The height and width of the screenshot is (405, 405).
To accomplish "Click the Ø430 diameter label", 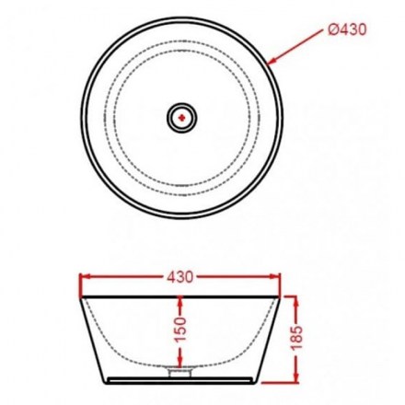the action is click(x=347, y=29).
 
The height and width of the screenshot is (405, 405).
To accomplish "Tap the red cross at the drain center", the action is click(x=182, y=118).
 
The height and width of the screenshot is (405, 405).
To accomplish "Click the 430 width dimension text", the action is click(x=180, y=277).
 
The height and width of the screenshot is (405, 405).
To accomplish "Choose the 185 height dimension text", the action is click(x=296, y=338).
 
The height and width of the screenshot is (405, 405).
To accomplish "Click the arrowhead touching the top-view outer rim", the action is click(x=272, y=62).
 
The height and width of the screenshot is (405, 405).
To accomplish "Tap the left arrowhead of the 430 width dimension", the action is click(x=85, y=277).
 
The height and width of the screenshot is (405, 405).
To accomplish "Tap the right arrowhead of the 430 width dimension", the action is click(x=275, y=277).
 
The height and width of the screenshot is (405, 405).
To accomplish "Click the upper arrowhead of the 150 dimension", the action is click(x=180, y=301).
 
